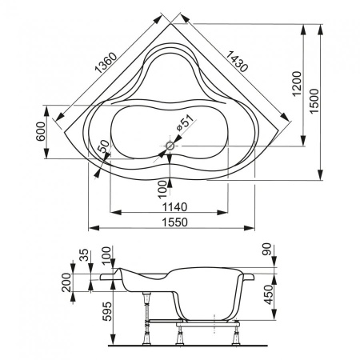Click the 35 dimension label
coord(84,257)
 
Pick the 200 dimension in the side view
coord(66,282)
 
